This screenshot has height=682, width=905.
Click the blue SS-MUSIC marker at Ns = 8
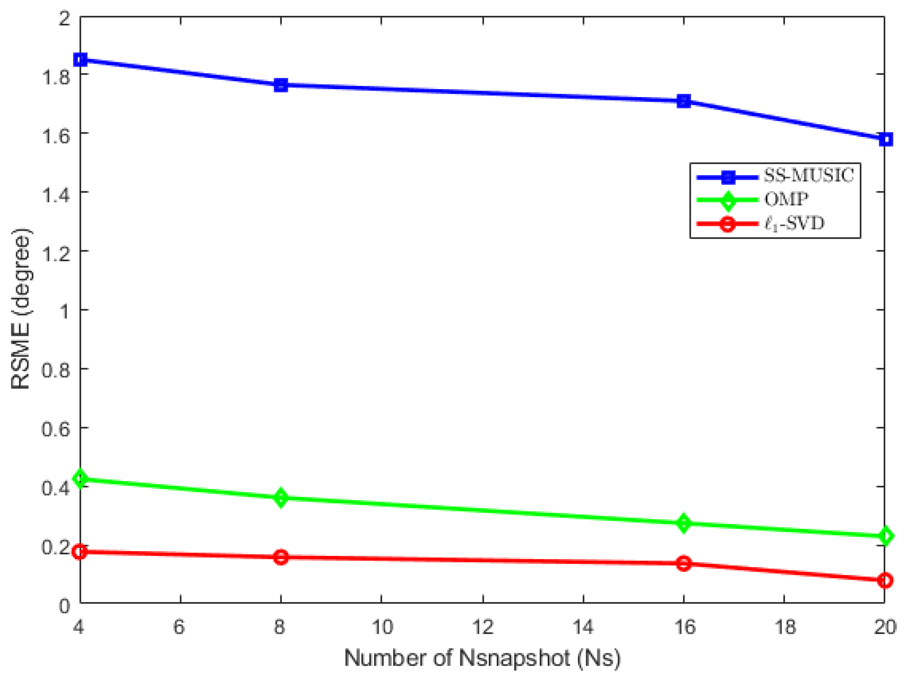coord(281,85)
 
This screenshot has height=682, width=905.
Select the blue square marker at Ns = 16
coord(684,101)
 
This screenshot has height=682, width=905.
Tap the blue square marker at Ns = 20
coord(885,139)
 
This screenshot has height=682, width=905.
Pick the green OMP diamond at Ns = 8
coord(281,498)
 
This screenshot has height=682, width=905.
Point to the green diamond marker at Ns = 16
coord(684,523)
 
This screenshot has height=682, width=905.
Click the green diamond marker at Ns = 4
coord(81,478)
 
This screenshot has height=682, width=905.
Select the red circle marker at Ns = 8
coord(281,557)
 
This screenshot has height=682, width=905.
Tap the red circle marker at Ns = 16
coord(684,564)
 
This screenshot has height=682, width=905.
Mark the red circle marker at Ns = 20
coord(885,581)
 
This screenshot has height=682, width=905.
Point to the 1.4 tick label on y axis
coord(56,192)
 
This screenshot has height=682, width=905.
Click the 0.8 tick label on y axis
coord(56,369)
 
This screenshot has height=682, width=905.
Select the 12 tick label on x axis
coord(482,627)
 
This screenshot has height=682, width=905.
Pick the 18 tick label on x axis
coord(784,627)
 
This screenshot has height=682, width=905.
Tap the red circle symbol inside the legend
coord(727,224)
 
